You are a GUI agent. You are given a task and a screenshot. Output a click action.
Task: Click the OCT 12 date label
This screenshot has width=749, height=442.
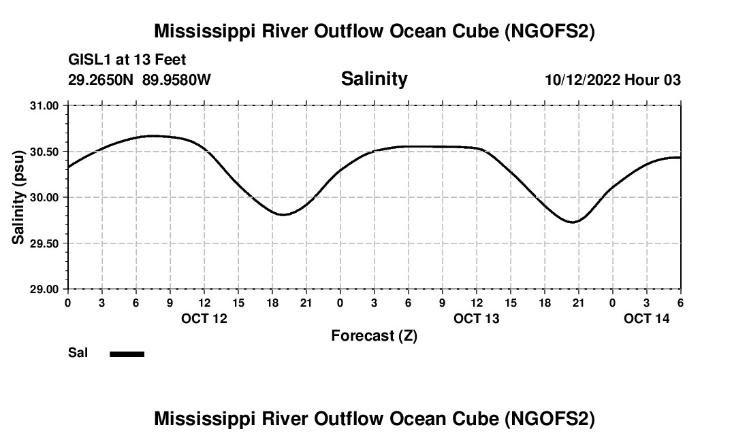[x=204, y=318]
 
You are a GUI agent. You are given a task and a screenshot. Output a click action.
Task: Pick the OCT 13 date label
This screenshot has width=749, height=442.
[x=477, y=318]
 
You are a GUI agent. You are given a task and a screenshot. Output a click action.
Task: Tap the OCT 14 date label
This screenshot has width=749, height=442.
[x=647, y=318]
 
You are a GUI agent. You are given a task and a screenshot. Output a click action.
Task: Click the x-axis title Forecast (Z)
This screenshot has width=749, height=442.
[x=374, y=336]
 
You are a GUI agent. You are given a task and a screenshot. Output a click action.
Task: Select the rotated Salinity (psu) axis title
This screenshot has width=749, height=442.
[x=18, y=197]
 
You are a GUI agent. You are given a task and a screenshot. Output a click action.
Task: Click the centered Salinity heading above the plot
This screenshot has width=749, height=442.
[x=374, y=79]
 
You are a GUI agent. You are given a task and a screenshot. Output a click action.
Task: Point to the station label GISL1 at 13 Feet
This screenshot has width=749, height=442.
[x=127, y=61]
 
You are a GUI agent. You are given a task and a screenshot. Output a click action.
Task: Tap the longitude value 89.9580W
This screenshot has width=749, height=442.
[x=176, y=80]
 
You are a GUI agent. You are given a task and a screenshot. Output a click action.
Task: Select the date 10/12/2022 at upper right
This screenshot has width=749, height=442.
[x=582, y=80]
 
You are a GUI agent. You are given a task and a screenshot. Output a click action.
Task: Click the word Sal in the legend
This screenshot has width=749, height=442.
[x=78, y=354]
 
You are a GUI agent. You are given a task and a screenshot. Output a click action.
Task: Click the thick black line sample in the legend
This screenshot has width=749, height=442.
[x=127, y=354]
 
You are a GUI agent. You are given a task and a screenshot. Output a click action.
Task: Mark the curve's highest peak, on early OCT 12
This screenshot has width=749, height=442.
[x=153, y=135]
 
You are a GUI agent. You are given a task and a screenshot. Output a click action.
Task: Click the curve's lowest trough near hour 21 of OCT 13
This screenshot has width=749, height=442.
[x=574, y=222]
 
